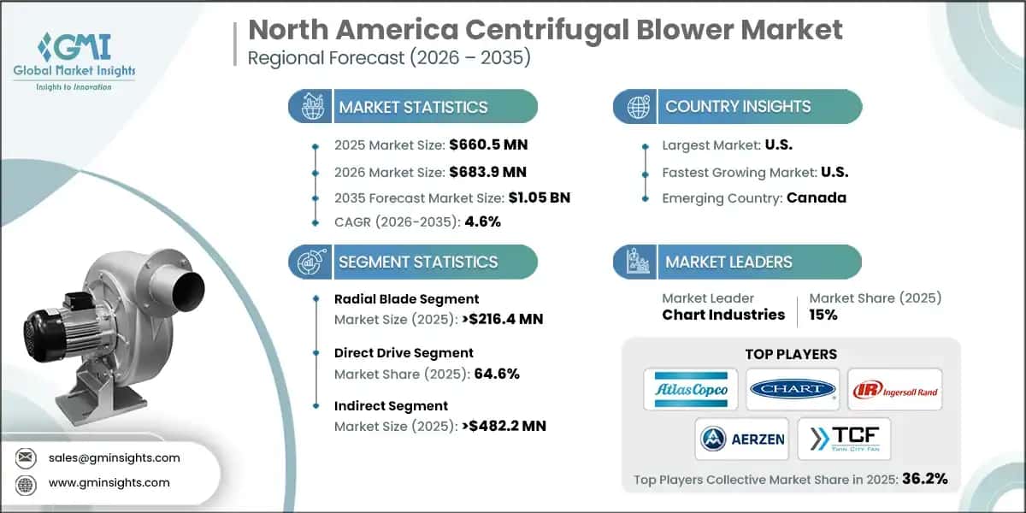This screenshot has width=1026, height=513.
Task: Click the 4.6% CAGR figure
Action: [481, 221]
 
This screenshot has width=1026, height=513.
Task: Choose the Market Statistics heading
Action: [413, 107]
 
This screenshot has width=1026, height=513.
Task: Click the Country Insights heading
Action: [738, 107]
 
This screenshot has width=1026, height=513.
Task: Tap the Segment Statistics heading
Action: [418, 262]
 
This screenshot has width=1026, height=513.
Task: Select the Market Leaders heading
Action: [728, 262]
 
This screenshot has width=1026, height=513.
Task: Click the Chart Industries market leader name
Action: [723, 315]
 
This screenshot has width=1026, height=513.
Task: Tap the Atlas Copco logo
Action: [691, 390]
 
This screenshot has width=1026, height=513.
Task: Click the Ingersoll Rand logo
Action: [895, 390]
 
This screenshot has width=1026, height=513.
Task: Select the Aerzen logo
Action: [741, 439]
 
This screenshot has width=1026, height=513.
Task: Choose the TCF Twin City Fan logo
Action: [844, 439]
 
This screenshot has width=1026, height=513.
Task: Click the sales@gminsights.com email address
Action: [115, 457]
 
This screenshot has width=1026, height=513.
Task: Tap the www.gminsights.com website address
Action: [109, 482]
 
